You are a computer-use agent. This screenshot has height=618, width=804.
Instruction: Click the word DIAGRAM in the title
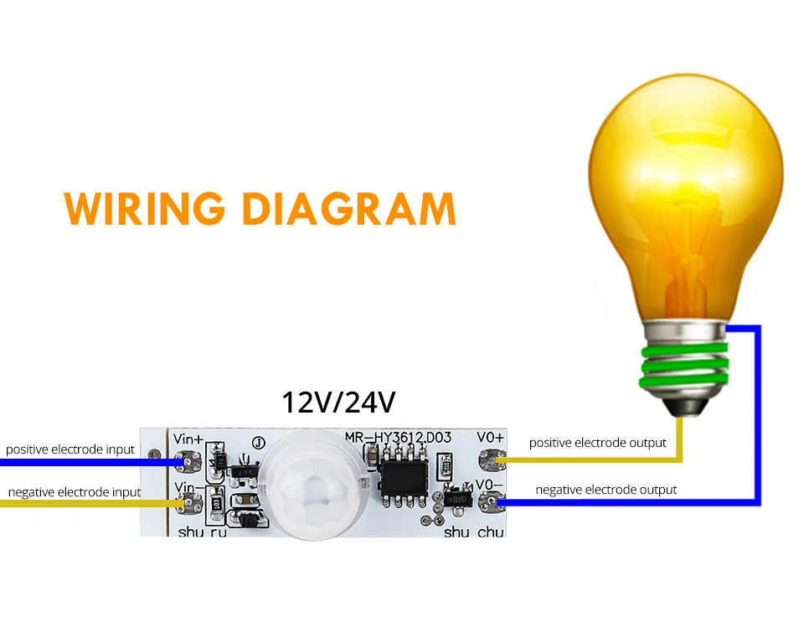click(349, 209)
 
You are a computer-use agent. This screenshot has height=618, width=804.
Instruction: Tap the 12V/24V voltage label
click(338, 402)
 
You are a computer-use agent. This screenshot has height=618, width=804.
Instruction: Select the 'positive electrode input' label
click(70, 449)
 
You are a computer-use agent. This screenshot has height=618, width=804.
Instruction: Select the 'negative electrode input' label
click(75, 491)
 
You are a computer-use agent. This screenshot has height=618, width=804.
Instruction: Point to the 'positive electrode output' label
click(597, 442)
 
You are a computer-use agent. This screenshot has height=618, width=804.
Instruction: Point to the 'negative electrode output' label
click(606, 489)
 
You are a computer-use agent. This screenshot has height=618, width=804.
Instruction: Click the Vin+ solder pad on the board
click(188, 460)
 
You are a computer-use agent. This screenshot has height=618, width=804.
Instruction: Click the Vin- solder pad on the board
click(188, 503)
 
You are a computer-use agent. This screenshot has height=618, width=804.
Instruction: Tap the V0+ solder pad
click(489, 460)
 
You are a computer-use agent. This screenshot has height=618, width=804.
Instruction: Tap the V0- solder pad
click(489, 503)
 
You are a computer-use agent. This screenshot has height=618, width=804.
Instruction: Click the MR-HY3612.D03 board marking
click(399, 437)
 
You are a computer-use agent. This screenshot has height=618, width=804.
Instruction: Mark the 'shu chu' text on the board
click(474, 532)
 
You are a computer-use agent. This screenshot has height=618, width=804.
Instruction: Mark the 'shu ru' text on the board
click(203, 532)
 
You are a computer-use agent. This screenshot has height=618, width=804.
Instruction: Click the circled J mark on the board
click(258, 443)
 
